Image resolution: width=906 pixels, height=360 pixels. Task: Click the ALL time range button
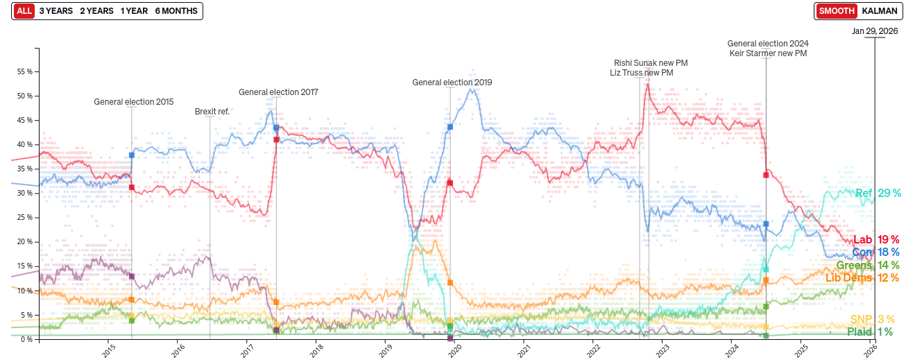(24, 11)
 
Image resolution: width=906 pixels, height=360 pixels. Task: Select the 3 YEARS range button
(55, 11)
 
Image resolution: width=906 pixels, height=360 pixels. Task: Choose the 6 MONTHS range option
(176, 11)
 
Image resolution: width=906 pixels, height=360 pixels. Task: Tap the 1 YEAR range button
(134, 11)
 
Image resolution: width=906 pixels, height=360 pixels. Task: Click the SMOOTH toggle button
(836, 11)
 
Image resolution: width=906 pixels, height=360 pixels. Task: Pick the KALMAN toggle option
(879, 11)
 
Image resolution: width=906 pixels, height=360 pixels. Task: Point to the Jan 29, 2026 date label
(875, 31)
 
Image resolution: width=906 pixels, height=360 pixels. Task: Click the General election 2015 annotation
(134, 102)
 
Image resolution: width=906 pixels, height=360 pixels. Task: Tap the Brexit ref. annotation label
(212, 111)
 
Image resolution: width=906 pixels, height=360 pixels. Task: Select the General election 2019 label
(452, 83)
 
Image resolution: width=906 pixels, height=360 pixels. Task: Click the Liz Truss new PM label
(641, 73)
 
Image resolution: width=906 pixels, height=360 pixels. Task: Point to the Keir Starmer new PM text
(768, 53)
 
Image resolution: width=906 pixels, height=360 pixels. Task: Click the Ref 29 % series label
(878, 194)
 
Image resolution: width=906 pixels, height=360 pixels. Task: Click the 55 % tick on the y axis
(25, 72)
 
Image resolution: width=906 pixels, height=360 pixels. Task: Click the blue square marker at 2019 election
(450, 127)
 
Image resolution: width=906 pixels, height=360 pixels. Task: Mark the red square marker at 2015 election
(132, 187)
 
